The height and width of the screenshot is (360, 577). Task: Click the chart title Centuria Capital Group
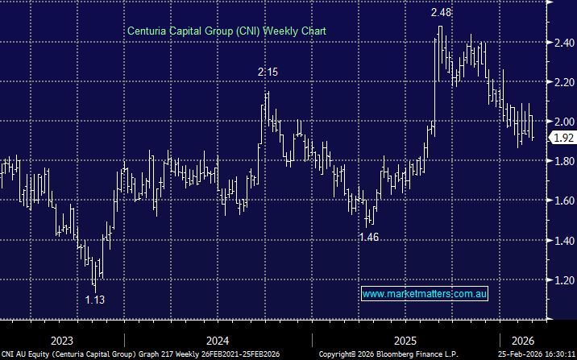tap(227, 31)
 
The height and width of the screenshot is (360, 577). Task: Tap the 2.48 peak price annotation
tap(441, 13)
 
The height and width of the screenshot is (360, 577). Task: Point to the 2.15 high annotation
tap(268, 72)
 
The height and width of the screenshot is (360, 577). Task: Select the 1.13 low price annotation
tap(95, 300)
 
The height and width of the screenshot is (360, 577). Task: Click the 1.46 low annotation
tap(368, 238)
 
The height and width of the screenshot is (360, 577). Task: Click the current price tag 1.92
tap(562, 139)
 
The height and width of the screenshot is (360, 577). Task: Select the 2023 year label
tap(62, 340)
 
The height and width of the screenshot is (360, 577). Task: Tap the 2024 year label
tap(217, 340)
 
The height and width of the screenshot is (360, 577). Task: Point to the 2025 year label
tap(405, 340)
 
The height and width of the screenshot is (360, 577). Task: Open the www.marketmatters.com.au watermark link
tap(425, 295)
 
